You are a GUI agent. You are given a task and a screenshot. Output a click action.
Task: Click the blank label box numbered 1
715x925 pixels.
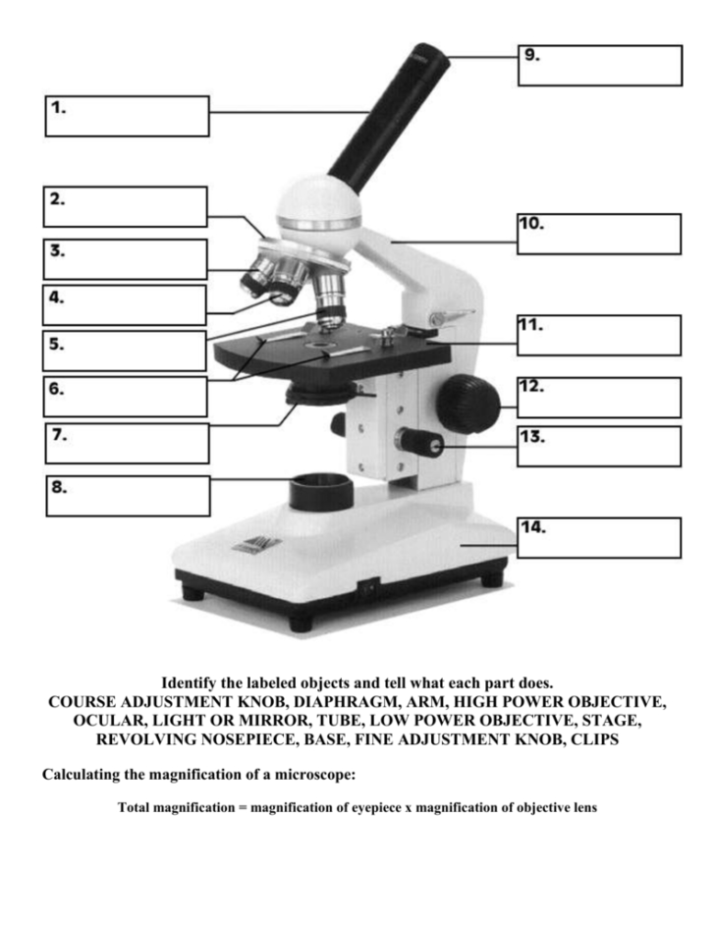click(x=128, y=116)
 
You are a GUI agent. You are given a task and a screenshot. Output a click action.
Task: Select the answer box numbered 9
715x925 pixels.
click(x=599, y=65)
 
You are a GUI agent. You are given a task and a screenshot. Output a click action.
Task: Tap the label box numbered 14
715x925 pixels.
click(x=599, y=537)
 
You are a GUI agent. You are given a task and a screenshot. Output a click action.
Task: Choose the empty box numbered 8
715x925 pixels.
click(x=129, y=496)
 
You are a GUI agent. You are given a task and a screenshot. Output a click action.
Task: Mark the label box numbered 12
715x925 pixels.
click(x=599, y=397)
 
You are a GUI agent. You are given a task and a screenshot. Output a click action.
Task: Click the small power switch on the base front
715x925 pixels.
click(x=369, y=589)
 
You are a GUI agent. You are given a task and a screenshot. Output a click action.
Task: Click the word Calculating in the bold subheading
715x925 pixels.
click(x=83, y=776)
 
